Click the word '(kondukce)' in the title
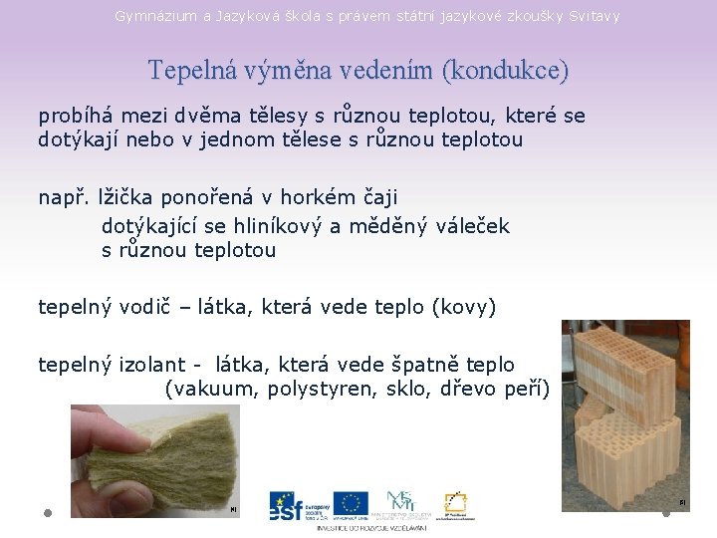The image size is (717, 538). (x=507, y=71)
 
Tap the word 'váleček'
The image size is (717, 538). (x=473, y=226)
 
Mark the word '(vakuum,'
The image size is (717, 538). (x=212, y=389)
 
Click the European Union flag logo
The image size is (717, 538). (x=351, y=503)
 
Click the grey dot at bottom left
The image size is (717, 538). (x=48, y=512)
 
